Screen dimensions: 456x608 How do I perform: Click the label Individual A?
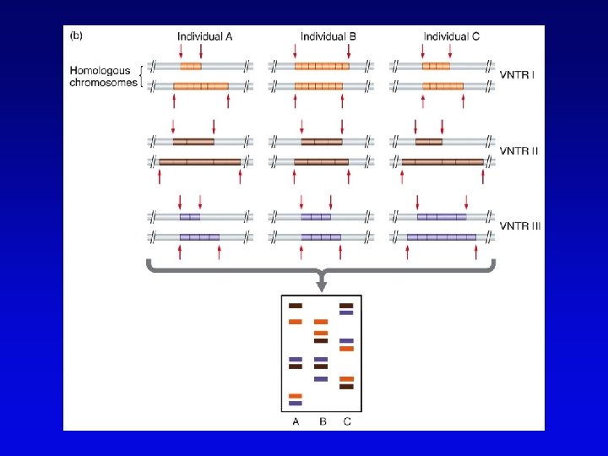point(206,36)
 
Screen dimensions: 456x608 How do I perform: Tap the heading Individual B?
point(328,36)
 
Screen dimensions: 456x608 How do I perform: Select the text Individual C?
point(452,36)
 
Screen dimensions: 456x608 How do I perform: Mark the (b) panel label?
point(74,36)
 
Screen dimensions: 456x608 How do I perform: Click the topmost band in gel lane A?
point(296,306)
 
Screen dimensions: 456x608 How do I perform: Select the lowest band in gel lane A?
point(296,404)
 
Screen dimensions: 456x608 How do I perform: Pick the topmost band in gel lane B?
point(321,322)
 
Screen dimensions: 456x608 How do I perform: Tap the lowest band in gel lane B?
point(321,379)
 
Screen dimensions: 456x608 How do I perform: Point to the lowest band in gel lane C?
point(346,387)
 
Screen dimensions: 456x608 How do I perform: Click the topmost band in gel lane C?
point(346,306)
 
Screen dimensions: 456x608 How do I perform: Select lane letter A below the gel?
point(296,421)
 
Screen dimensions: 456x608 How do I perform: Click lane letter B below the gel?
point(321,421)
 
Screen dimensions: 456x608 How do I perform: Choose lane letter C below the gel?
point(347,421)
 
